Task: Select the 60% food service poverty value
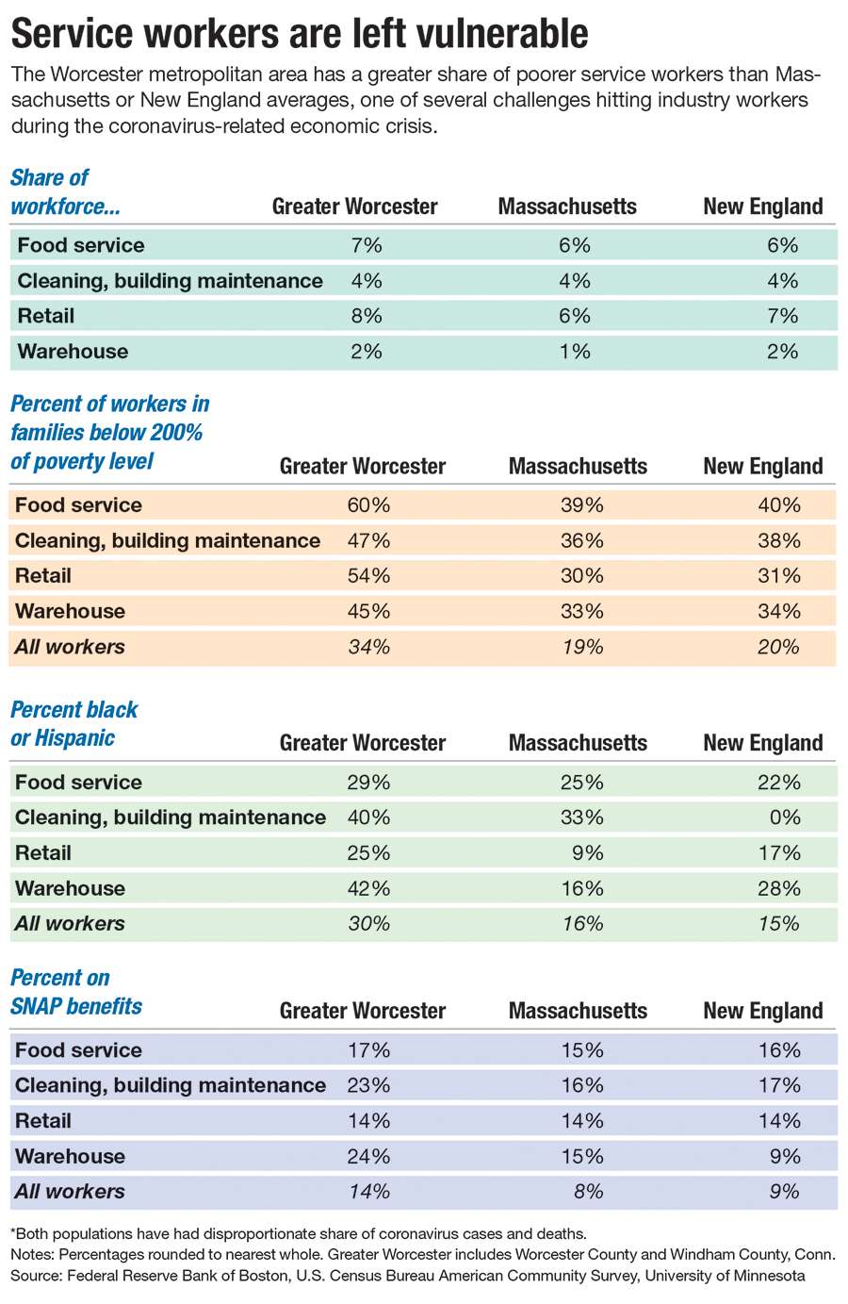coord(368,504)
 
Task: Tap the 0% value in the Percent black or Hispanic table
coord(784,817)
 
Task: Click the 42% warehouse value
coord(368,888)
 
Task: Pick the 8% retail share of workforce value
coord(367,316)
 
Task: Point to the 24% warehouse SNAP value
coord(368,1156)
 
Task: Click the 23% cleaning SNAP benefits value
coord(368,1085)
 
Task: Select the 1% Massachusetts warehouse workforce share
coord(575,351)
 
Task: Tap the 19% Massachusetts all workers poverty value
coord(582,646)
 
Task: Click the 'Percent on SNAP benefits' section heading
coord(76,992)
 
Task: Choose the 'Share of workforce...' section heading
coord(65,192)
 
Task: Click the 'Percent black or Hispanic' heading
coord(73,723)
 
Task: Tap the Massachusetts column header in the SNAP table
coord(578,1011)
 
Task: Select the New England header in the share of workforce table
coord(763,206)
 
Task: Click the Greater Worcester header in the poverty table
coord(363,467)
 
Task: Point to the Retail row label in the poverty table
coord(43,576)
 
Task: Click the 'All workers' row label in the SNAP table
coord(70,1191)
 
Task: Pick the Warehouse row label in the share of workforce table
coord(73,351)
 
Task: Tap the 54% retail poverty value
coord(368,576)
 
